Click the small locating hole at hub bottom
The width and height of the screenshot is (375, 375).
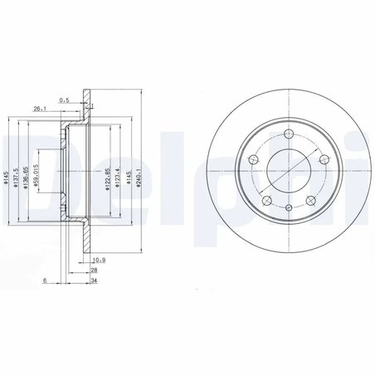[x=286, y=209]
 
